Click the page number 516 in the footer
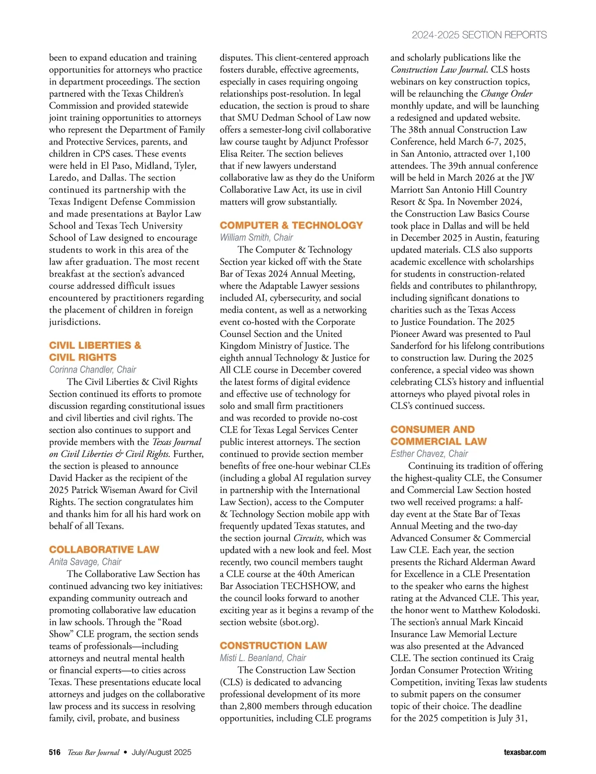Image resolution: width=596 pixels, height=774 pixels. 55,752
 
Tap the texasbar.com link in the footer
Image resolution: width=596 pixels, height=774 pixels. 524,752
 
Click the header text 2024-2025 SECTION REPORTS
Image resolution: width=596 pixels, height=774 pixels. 479,35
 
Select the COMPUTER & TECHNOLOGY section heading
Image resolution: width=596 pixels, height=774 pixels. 291,225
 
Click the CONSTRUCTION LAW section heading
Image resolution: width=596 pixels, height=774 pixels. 273,645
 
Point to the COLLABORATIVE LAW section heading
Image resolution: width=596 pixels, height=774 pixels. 104,549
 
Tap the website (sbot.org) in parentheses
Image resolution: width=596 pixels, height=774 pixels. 299,622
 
